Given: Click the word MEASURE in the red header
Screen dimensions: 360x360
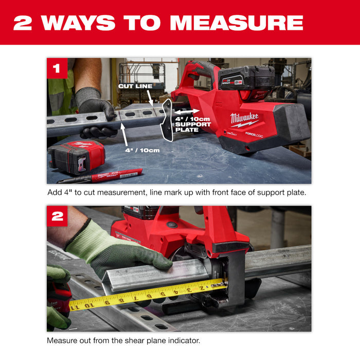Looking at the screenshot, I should click(x=236, y=22).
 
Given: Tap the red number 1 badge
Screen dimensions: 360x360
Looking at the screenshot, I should click(x=57, y=68).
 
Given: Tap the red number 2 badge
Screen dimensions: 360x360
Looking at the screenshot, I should click(x=57, y=217).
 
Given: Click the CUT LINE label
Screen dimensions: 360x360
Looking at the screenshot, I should click(x=134, y=86).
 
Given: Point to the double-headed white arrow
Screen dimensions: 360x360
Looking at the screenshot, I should click(x=186, y=111).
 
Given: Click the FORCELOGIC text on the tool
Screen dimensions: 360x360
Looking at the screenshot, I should click(x=254, y=134).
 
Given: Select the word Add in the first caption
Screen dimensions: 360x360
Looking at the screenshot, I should click(x=54, y=193).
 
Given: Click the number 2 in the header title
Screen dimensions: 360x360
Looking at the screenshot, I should click(x=23, y=22).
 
